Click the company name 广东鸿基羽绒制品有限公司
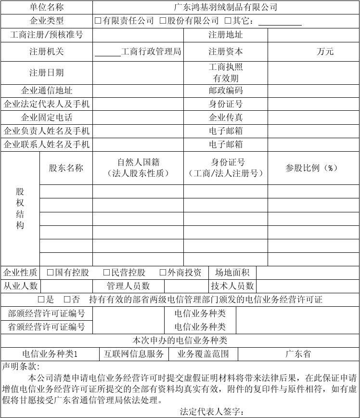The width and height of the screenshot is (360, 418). pyautogui.click(x=226, y=7)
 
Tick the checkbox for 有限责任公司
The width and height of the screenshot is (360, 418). pyautogui.click(x=98, y=21)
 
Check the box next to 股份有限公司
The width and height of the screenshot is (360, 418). pyautogui.click(x=163, y=21)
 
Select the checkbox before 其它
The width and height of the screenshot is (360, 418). pyautogui.click(x=228, y=21)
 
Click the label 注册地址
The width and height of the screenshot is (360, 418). pyautogui.click(x=225, y=35)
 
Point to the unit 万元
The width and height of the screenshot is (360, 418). pyautogui.click(x=325, y=52)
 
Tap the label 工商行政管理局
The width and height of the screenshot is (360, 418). pyautogui.click(x=151, y=52)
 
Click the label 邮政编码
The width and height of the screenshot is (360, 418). pyautogui.click(x=225, y=91)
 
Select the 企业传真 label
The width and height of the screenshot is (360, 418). pyautogui.click(x=225, y=118)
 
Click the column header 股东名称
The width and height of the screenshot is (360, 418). pyautogui.click(x=66, y=168)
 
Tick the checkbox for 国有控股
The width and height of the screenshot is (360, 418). pyautogui.click(x=50, y=273)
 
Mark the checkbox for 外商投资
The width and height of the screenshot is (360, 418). pyautogui.click(x=163, y=273)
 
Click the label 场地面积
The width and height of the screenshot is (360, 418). pyautogui.click(x=232, y=273)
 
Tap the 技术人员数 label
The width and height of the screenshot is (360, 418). pyautogui.click(x=232, y=286)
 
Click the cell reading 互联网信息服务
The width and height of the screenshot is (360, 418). pyautogui.click(x=134, y=354)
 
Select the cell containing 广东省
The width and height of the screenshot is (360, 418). pyautogui.click(x=298, y=354)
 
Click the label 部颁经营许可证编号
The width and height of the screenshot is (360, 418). pyautogui.click(x=46, y=313)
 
